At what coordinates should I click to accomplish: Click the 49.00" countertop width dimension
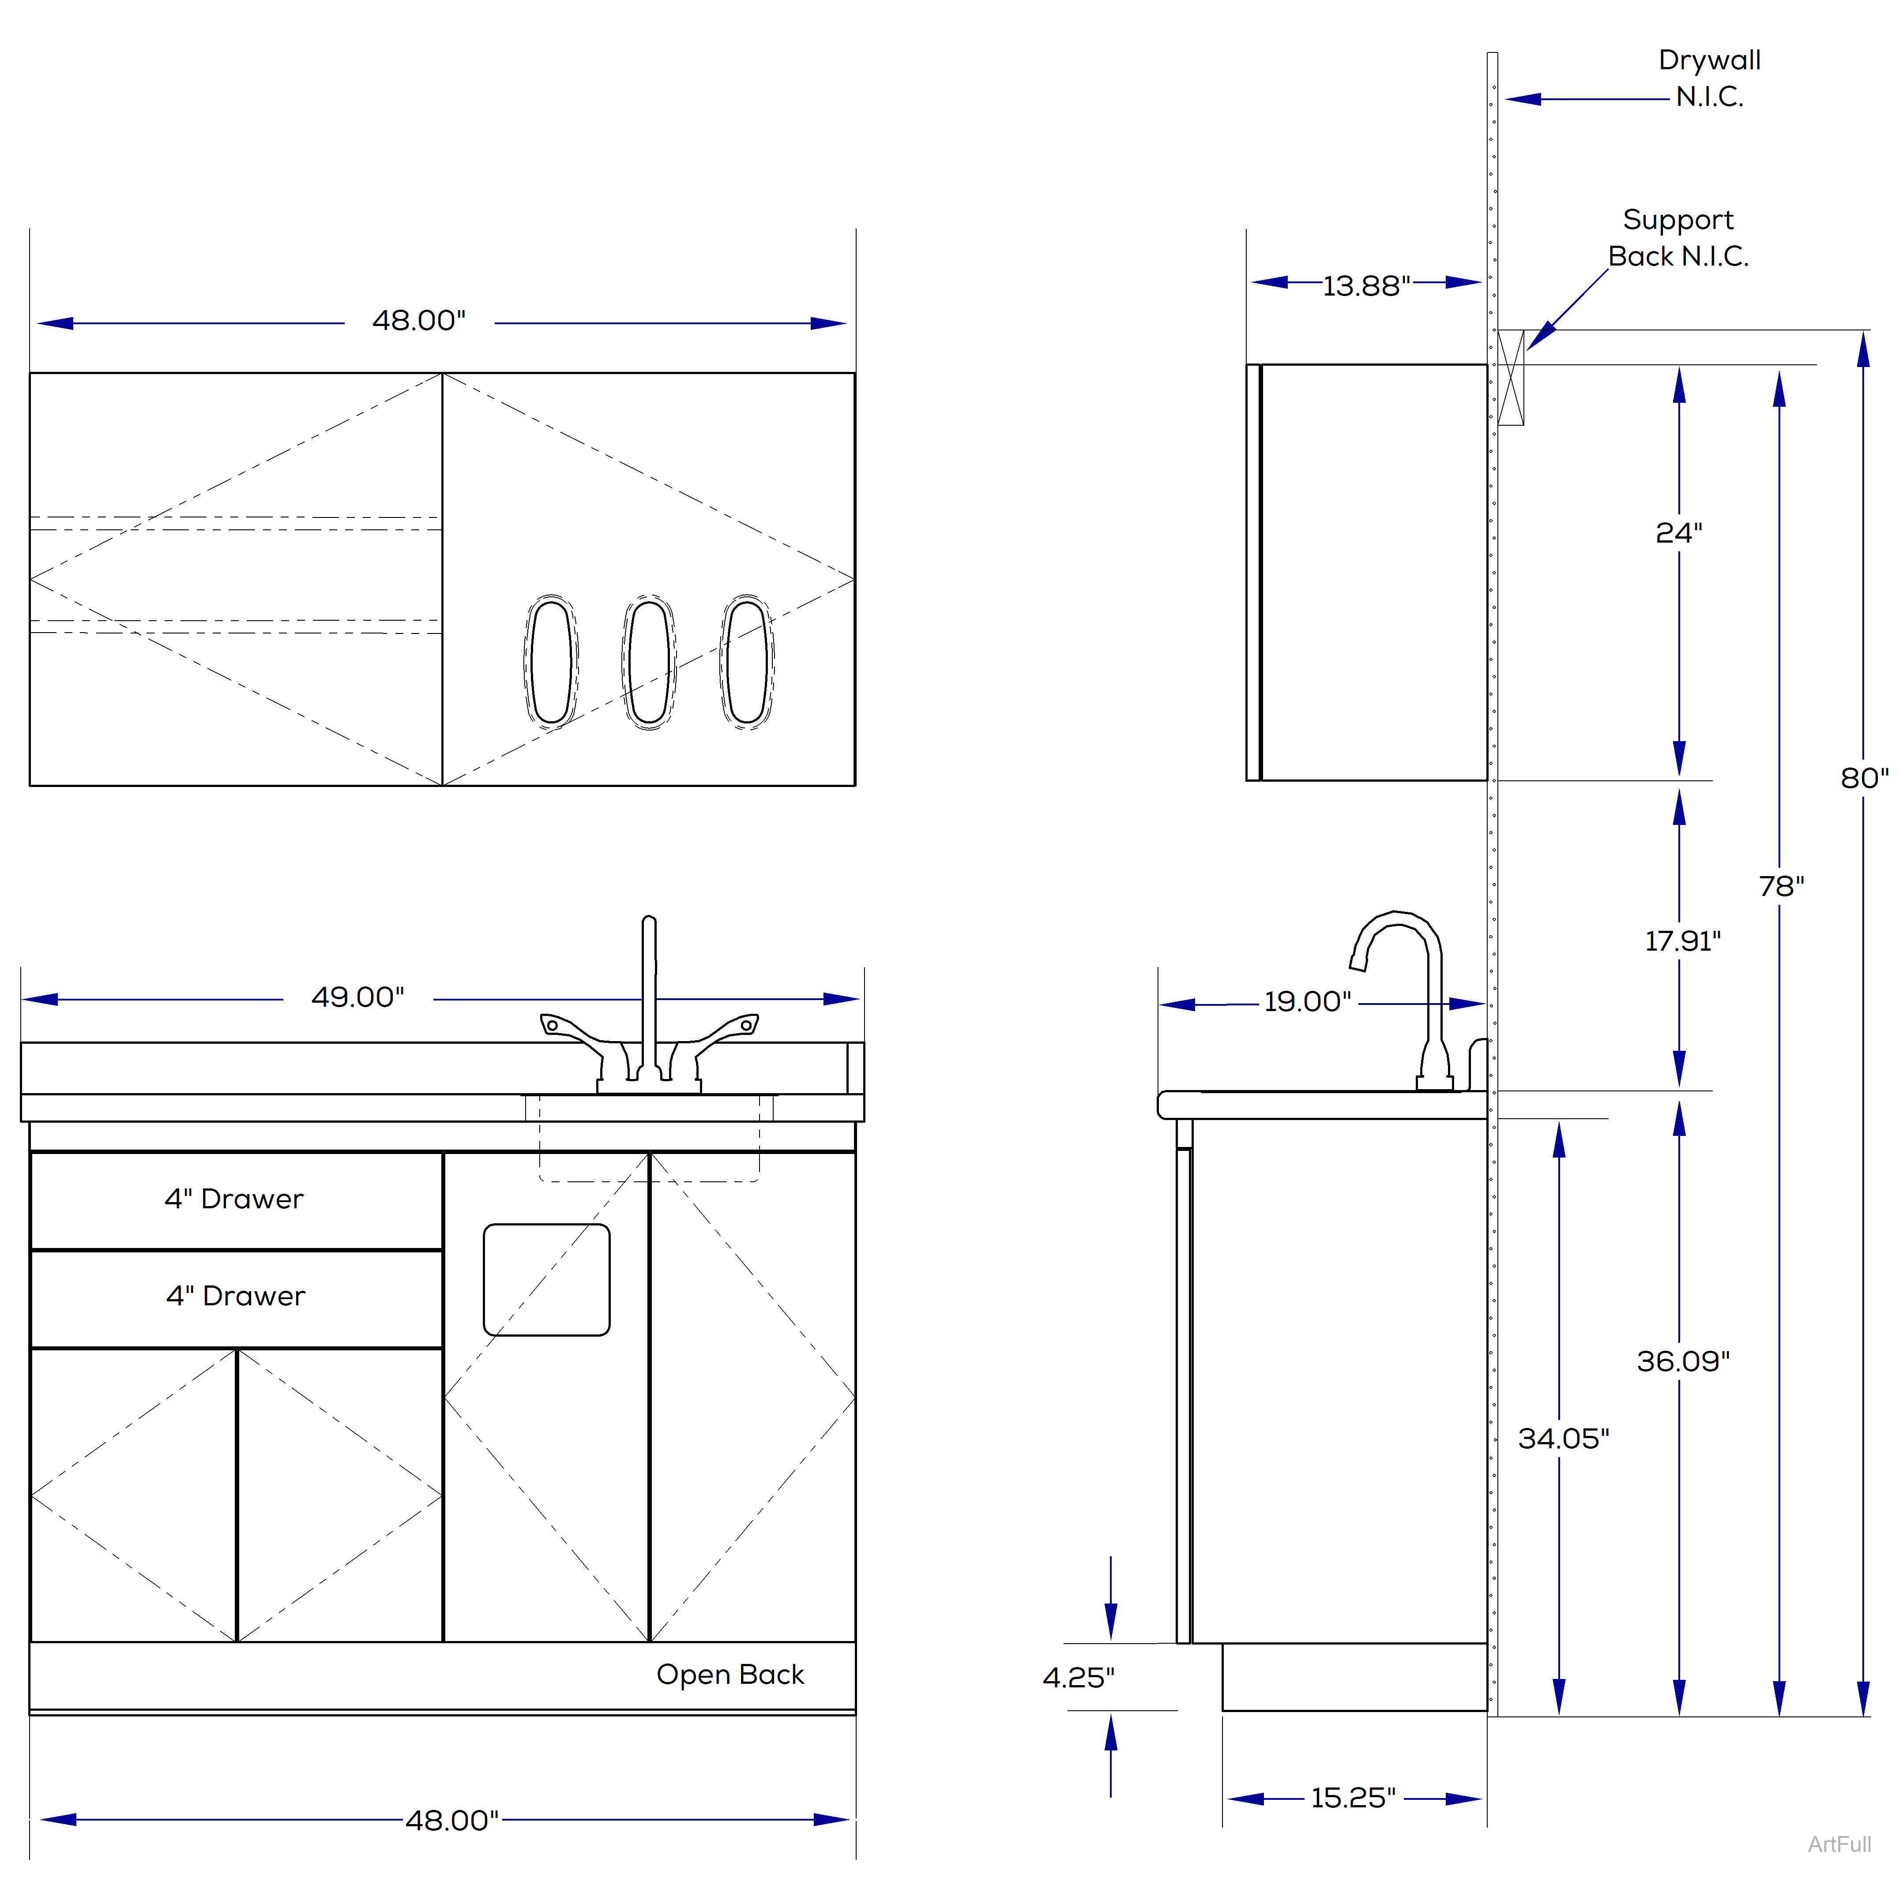(358, 997)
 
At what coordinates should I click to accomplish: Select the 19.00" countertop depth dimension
(1307, 1001)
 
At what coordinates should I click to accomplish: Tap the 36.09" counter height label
(1682, 1361)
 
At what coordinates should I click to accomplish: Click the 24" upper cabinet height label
(1678, 532)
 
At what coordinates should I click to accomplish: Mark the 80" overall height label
(1864, 778)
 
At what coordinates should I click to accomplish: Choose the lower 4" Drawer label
(236, 1296)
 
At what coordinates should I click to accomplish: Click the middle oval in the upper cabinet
(649, 661)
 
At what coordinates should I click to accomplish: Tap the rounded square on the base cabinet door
(546, 1280)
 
